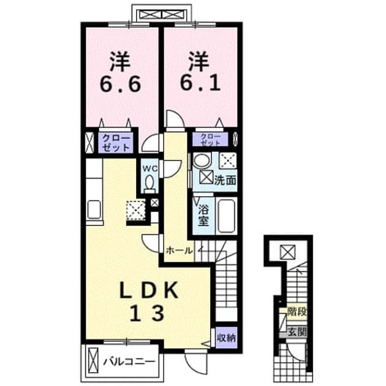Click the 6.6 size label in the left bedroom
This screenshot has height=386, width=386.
coord(120,83)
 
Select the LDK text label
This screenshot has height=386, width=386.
coord(148,290)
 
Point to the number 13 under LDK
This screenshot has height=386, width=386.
coord(146,313)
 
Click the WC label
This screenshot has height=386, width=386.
coord(150,168)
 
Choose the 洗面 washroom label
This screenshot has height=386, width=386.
coord(225,180)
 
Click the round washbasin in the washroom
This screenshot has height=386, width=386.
coord(202,161)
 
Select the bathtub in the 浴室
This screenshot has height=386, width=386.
coord(226,216)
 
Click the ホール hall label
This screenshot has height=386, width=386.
coord(179,251)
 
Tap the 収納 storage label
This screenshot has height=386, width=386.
coord(226,338)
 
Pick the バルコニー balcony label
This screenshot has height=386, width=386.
coord(129,361)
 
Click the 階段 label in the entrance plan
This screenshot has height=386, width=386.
coord(297,312)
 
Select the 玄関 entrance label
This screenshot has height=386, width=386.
coord(297,332)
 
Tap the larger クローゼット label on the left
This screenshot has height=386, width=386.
coord(116,143)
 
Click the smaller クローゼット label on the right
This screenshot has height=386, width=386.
coord(211,140)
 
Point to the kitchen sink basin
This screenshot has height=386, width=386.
coord(94,210)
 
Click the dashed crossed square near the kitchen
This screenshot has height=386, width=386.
coord(135,211)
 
